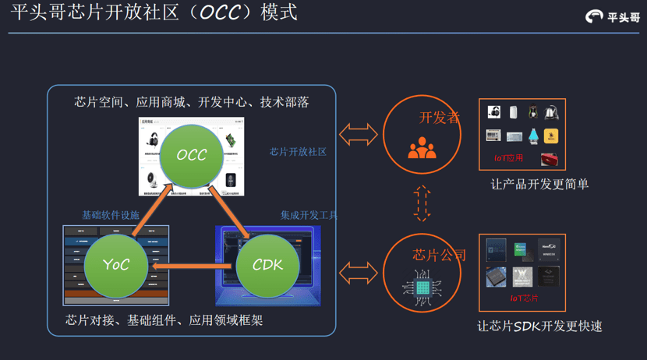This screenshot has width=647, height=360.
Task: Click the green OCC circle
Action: coord(192,154)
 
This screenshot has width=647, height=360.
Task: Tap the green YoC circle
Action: coord(115,265)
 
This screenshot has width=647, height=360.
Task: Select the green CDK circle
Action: coord(267,265)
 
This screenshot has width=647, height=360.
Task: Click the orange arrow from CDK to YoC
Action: coord(192,266)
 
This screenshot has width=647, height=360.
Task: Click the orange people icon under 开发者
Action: coord(422,147)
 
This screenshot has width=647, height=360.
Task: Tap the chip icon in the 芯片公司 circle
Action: coord(422,288)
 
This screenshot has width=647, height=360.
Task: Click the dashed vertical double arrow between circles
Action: coord(422,203)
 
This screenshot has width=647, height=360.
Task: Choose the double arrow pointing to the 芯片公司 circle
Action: coord(358,273)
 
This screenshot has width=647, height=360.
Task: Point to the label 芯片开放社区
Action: coord(298,152)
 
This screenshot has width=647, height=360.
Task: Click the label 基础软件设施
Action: coord(111,215)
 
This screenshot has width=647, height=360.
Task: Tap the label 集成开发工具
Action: coord(309,215)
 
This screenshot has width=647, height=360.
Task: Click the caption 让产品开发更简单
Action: coord(539,185)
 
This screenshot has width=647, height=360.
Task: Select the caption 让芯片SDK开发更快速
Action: coord(539,326)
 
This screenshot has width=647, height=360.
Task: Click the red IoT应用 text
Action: coord(509,158)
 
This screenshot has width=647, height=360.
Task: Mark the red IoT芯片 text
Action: coord(524,298)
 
